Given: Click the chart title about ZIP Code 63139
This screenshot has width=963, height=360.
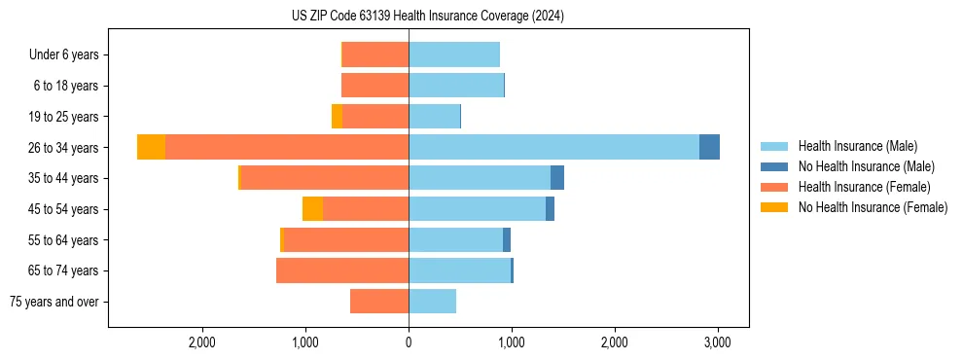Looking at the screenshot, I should tap(427, 16).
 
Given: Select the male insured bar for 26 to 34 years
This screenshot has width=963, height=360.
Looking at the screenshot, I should tap(553, 147).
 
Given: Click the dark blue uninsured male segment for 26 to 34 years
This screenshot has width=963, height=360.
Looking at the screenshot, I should tap(709, 147).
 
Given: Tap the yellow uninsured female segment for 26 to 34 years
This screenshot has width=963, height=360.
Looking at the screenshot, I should tap(151, 147).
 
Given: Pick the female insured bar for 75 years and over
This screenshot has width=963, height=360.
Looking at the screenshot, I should tap(379, 302).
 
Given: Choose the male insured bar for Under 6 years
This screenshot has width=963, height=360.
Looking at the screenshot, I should tap(454, 54).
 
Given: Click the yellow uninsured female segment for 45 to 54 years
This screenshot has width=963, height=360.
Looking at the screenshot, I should tap(312, 209).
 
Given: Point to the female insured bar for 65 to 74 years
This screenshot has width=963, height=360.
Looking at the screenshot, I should tap(342, 270).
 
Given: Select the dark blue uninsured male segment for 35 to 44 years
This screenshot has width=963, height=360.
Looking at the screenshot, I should tap(557, 178).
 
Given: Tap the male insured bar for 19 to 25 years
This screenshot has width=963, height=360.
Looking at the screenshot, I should tap(434, 117).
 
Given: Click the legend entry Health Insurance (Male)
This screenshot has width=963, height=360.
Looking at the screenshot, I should tap(857, 146).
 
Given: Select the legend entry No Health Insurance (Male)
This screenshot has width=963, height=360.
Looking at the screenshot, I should tap(866, 166).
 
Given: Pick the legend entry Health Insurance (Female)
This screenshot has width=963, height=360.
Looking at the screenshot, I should tap(864, 187).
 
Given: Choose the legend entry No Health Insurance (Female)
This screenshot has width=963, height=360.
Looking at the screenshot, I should tap(873, 207).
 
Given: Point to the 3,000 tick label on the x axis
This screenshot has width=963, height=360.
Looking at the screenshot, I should tap(717, 342).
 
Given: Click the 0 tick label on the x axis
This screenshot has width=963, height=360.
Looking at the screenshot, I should tap(409, 342).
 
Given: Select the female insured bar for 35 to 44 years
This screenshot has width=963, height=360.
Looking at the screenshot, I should tap(324, 178).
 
